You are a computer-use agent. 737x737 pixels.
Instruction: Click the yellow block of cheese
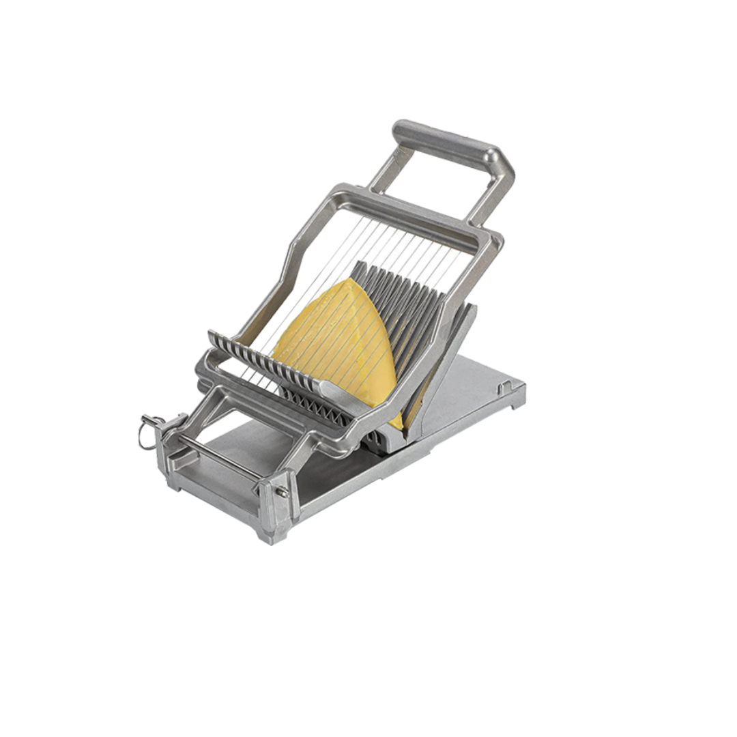click(334, 341)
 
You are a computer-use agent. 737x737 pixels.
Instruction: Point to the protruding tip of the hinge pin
click(282, 491)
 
